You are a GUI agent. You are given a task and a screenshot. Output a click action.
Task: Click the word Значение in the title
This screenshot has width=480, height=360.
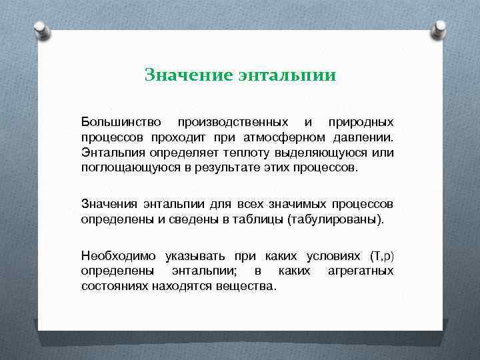[x=187, y=75]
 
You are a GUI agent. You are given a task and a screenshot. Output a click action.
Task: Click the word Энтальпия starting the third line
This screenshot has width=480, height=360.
[x=109, y=153]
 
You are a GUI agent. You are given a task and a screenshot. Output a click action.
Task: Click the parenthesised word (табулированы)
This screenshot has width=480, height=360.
[x=335, y=218]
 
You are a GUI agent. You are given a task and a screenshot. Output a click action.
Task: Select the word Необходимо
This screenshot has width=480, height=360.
[x=118, y=256]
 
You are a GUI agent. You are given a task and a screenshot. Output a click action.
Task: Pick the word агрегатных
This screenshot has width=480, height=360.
[x=361, y=271]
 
